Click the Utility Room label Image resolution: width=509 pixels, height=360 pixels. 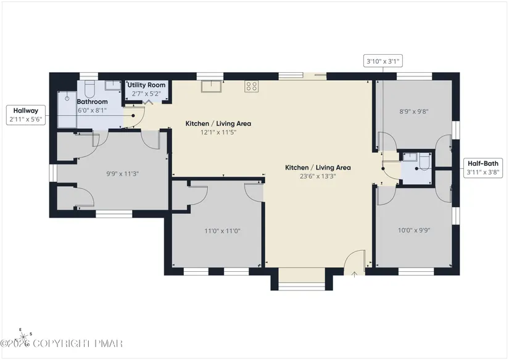(x=146, y=85)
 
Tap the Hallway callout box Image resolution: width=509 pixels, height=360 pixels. (x=26, y=115)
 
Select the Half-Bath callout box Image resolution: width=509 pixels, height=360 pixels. (x=483, y=168)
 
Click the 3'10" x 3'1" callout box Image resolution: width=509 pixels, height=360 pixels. (x=383, y=61)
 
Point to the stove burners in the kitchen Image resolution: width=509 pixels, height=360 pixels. (x=252, y=86)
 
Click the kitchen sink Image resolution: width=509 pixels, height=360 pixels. (x=212, y=86)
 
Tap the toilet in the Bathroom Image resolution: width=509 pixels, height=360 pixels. (x=89, y=89)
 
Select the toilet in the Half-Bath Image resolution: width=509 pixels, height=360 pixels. (x=424, y=162)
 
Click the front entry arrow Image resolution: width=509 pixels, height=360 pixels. (x=355, y=274)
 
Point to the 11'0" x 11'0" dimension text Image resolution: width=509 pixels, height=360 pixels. (x=222, y=231)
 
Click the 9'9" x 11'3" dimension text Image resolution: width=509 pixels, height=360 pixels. (x=123, y=173)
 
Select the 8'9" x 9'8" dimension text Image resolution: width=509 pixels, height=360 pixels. (x=414, y=112)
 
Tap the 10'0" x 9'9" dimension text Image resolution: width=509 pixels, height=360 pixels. (x=414, y=231)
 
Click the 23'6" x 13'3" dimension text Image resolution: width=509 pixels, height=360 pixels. (x=318, y=176)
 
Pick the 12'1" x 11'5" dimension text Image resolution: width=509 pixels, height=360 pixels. (x=218, y=132)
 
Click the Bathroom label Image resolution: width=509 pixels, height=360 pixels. (x=92, y=102)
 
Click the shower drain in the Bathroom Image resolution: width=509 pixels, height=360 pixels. (x=67, y=98)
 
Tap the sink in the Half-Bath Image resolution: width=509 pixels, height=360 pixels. (x=410, y=157)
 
